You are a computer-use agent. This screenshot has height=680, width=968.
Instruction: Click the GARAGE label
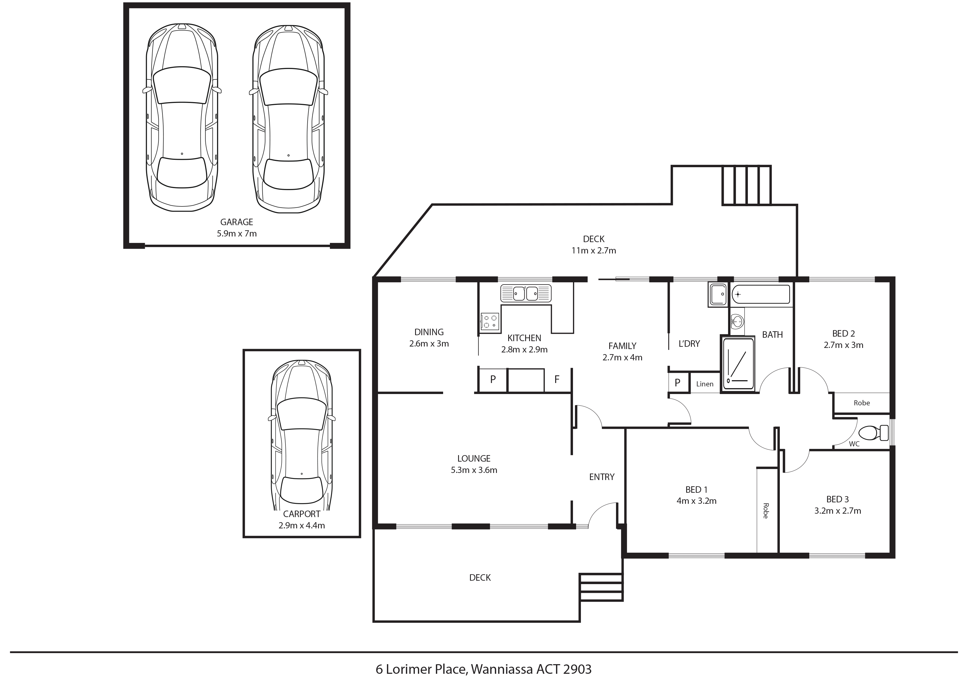click(x=237, y=222)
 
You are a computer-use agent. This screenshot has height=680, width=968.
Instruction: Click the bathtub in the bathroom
click(x=761, y=294)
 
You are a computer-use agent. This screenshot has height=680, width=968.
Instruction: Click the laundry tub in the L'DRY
click(x=718, y=294)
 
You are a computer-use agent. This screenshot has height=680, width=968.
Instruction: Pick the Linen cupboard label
click(x=705, y=384)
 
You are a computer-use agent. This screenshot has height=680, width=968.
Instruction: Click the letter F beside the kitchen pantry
click(x=557, y=379)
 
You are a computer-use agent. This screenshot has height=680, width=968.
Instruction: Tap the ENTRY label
click(x=602, y=477)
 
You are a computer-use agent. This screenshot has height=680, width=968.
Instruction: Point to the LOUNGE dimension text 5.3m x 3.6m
click(x=474, y=470)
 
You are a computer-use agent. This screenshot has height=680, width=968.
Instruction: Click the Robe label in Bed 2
click(x=862, y=403)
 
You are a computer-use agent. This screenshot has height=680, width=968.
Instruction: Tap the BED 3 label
click(x=837, y=499)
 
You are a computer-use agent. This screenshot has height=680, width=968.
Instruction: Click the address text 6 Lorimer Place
click(x=422, y=669)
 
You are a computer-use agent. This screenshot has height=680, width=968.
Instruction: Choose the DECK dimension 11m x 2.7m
click(x=594, y=250)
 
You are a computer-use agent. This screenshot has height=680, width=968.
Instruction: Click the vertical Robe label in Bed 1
click(x=766, y=511)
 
